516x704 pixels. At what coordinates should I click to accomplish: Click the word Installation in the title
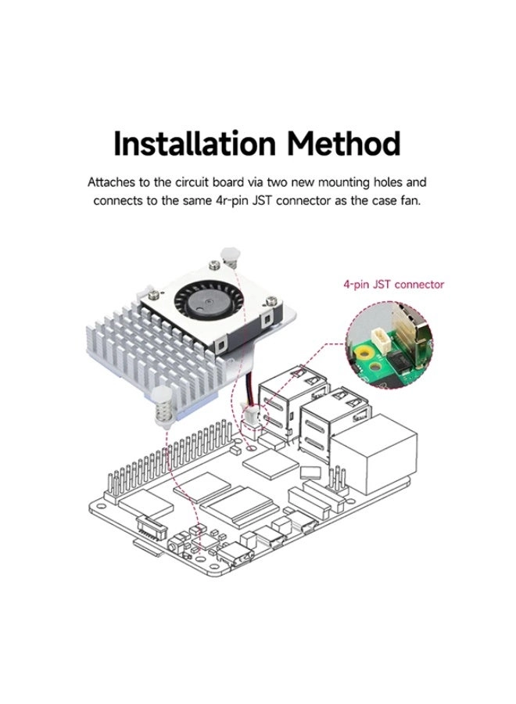pyautogui.click(x=195, y=145)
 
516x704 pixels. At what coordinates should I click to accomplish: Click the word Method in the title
pyautogui.click(x=343, y=145)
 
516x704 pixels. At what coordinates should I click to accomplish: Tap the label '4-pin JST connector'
pyautogui.click(x=393, y=284)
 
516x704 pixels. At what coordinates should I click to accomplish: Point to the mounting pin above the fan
pyautogui.click(x=230, y=257)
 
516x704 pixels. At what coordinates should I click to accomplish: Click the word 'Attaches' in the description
pyautogui.click(x=113, y=183)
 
